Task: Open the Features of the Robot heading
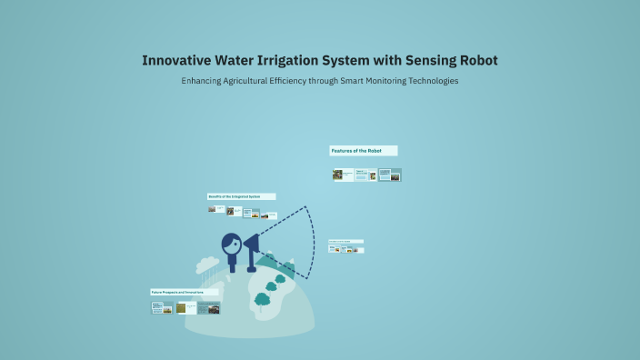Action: [363, 150]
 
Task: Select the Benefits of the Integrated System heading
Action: [241, 196]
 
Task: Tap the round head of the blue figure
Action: [232, 244]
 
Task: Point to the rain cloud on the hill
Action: [208, 265]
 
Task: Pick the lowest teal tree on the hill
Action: [263, 298]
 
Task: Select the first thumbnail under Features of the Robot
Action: [338, 175]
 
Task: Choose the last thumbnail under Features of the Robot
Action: [395, 175]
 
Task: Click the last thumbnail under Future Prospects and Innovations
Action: [214, 308]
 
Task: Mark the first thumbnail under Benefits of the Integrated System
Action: [212, 210]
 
